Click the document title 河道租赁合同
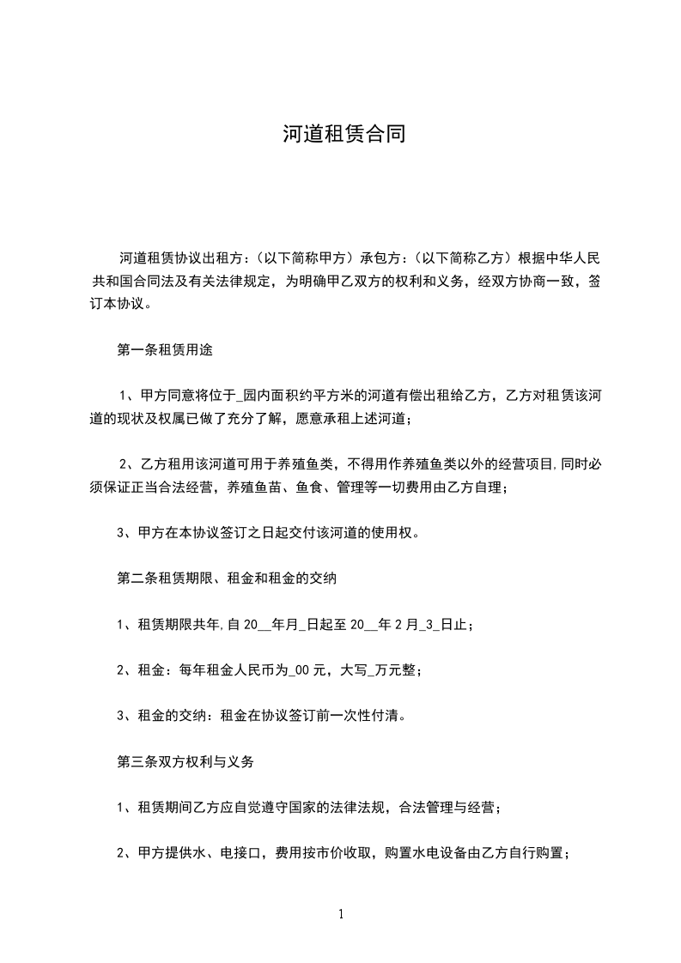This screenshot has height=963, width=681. [x=340, y=134]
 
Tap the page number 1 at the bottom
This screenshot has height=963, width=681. [x=341, y=915]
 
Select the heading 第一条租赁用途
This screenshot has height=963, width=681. [x=164, y=350]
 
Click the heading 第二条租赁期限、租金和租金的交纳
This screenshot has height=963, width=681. [x=226, y=578]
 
